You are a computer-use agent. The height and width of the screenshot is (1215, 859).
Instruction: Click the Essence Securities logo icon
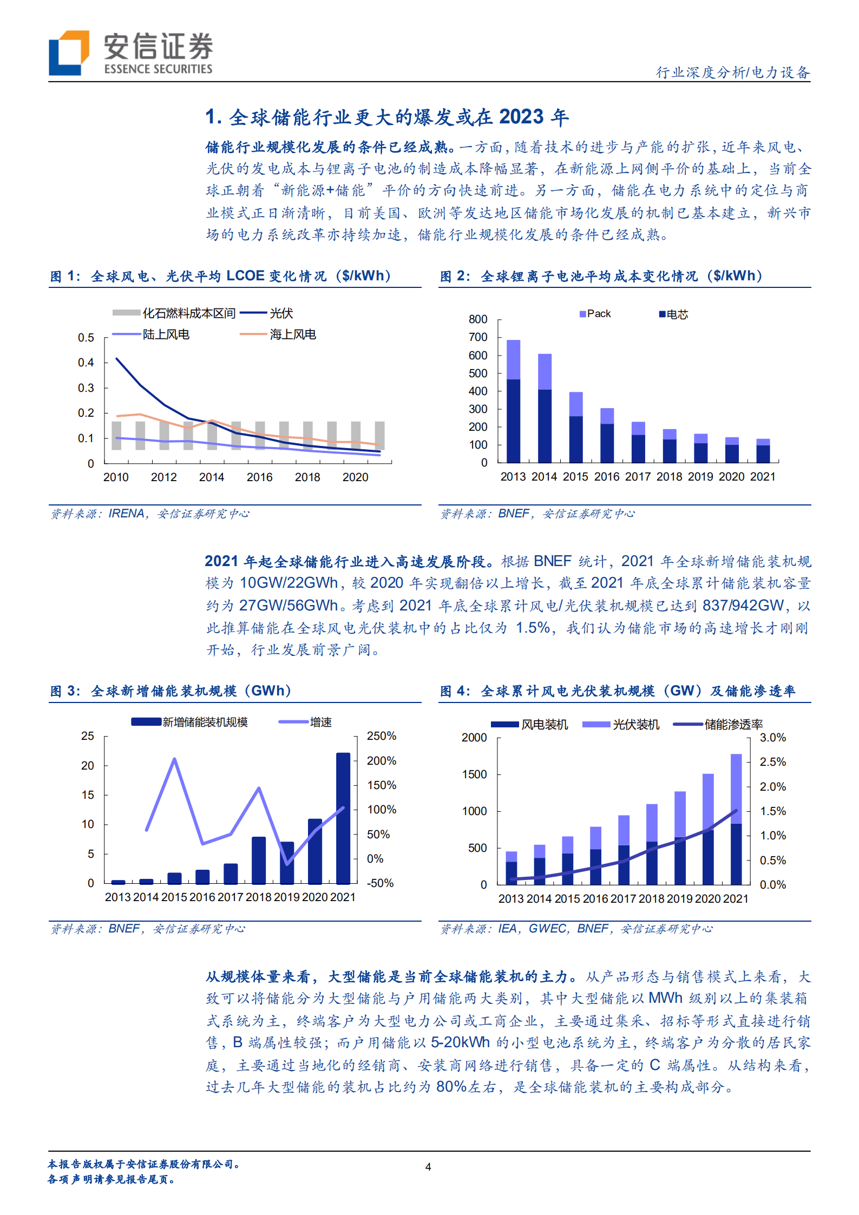click(x=69, y=52)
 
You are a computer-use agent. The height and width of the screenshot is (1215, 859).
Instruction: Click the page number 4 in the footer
click(x=428, y=1167)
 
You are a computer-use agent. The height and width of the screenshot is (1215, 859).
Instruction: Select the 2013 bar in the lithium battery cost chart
click(x=513, y=401)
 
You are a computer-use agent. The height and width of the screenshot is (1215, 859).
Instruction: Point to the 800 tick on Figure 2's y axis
click(x=478, y=319)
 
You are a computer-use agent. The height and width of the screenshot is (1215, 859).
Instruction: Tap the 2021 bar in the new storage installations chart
click(x=343, y=818)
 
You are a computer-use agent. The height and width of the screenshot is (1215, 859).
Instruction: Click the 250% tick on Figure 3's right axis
click(x=382, y=736)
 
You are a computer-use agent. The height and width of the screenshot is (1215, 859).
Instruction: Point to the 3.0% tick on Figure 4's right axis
click(x=772, y=738)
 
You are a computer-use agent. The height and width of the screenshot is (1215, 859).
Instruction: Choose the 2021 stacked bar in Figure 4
click(x=736, y=819)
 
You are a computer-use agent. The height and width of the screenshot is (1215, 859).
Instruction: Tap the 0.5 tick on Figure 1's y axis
click(x=86, y=338)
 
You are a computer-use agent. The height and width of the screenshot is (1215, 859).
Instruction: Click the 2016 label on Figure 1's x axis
click(x=259, y=477)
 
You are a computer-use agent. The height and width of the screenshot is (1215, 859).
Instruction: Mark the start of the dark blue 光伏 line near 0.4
click(x=117, y=359)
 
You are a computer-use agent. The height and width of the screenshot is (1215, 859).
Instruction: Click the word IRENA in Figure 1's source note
click(x=127, y=514)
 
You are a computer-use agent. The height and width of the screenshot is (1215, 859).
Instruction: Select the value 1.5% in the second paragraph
click(x=533, y=628)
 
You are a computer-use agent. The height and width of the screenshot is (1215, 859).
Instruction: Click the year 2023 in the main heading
click(x=521, y=117)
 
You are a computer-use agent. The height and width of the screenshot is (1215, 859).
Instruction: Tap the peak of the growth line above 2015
click(x=174, y=759)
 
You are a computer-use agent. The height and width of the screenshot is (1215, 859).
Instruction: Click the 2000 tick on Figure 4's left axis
click(x=474, y=738)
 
